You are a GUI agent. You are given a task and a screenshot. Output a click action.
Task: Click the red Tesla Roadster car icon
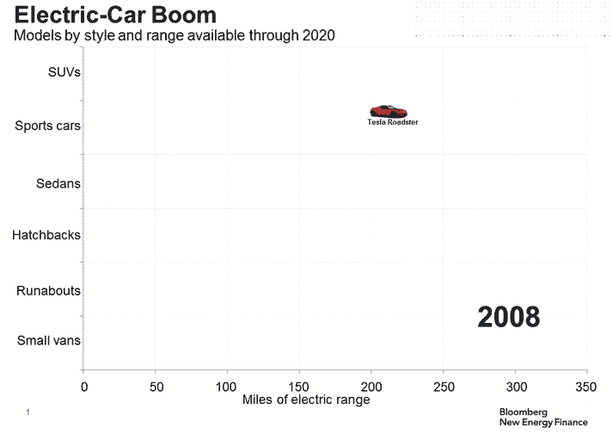coord(388,111)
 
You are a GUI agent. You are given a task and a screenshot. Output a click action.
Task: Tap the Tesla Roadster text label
coord(393,122)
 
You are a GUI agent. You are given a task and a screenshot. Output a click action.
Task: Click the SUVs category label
coord(64,72)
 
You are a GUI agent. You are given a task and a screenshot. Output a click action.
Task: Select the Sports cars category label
coord(48,126)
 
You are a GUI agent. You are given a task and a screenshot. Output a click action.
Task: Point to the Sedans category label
coord(58,183)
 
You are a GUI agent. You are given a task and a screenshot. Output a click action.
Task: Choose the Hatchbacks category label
coord(46,234)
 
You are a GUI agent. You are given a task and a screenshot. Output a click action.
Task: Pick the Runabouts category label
coord(48,291)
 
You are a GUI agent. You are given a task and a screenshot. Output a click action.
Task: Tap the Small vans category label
coord(49,340)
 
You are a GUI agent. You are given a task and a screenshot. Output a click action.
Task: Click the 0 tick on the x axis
coord(83,387)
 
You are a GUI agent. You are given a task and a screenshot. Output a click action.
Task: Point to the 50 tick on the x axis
coord(156,387)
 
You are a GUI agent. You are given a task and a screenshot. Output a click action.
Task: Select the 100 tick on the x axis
coord(227,387)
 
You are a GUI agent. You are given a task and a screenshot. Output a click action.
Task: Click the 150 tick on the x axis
coord(299,387)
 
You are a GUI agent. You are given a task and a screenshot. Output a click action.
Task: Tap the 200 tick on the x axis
coord(371,387)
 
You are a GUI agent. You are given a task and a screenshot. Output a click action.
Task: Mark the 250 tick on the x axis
coord(443,387)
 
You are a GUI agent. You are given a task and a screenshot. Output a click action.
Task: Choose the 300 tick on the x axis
coord(515,387)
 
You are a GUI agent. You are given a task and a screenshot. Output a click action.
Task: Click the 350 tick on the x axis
coord(586,387)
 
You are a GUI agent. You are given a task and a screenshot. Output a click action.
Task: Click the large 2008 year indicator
coord(509,317)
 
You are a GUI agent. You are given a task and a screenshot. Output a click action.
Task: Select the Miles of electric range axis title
coord(306,400)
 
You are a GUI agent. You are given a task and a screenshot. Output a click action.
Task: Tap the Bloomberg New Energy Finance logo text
coord(543,418)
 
